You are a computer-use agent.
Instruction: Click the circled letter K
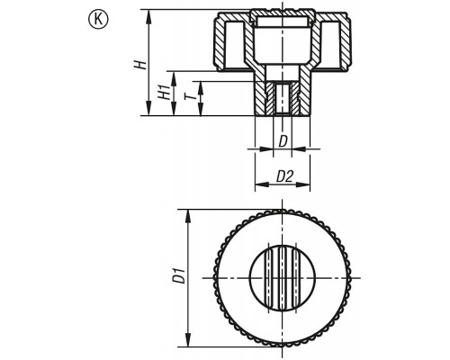[98, 20]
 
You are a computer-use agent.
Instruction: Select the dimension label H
[140, 65]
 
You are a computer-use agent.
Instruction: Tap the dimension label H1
[164, 92]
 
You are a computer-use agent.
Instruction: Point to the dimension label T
[190, 96]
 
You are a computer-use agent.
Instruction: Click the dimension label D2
[284, 176]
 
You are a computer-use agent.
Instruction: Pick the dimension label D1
[180, 276]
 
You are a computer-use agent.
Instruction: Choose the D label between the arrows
[283, 141]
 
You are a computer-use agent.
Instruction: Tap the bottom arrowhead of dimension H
[148, 108]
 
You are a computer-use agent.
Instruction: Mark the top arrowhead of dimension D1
[188, 216]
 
